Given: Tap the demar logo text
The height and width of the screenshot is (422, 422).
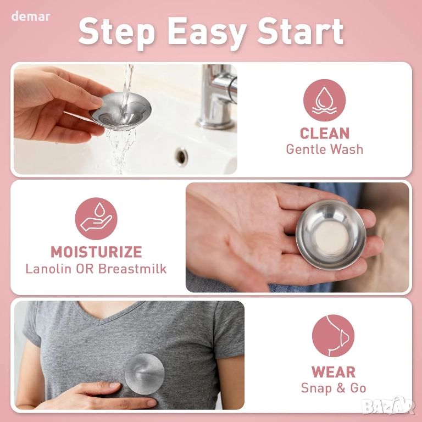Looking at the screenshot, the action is [x=31, y=16].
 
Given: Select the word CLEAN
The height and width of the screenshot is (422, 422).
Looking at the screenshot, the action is [x=325, y=133].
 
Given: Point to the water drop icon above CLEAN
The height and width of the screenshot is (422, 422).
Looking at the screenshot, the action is [x=325, y=100].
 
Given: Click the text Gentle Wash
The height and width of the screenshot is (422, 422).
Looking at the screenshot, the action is [x=325, y=149].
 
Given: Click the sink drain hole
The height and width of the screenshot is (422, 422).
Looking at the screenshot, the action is [x=181, y=157].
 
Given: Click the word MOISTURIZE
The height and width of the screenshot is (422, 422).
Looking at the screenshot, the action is [x=96, y=252].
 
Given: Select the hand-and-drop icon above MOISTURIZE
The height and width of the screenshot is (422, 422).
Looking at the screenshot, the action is [x=96, y=219].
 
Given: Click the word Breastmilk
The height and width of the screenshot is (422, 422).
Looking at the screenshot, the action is [x=132, y=269].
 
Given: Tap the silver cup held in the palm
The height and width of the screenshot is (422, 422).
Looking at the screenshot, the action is [x=330, y=235].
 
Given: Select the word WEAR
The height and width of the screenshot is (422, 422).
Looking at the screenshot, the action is [x=334, y=372].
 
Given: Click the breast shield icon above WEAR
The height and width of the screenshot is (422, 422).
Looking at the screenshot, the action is [x=333, y=336].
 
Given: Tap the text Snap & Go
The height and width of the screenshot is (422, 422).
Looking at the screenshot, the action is [x=334, y=388].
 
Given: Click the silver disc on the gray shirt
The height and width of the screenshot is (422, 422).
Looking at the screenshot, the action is [x=145, y=374].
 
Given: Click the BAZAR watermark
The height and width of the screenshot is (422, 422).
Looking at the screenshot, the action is [x=388, y=406].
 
